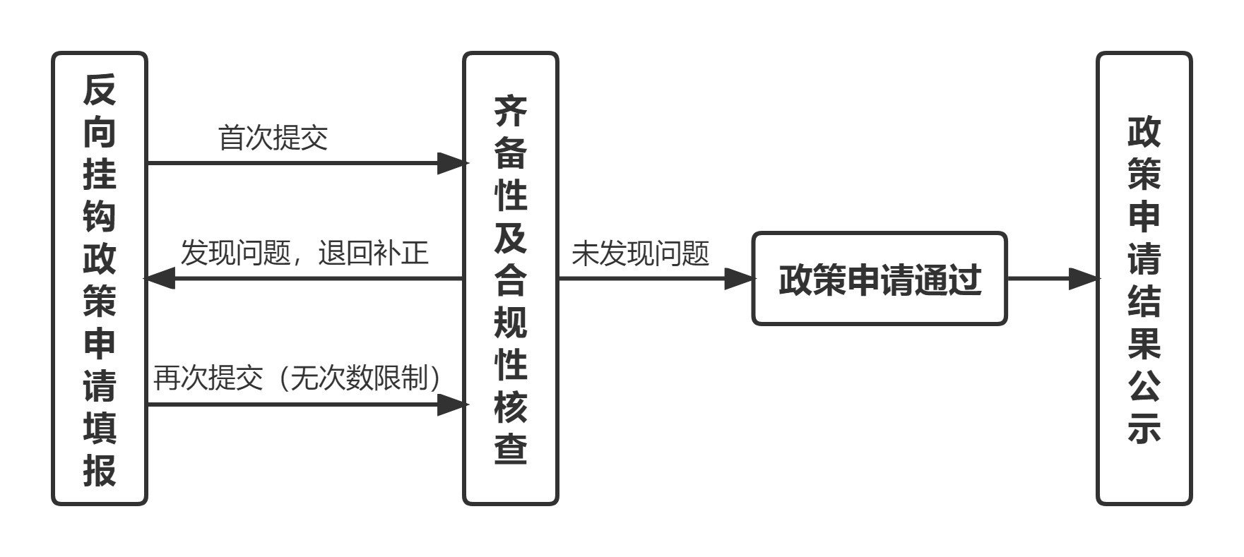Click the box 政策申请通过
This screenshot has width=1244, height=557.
pyautogui.click(x=879, y=278)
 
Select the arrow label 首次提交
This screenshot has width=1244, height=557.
pyautogui.click(x=273, y=138)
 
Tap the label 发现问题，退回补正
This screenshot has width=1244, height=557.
pyautogui.click(x=304, y=252)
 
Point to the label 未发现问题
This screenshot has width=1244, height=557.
pyautogui.click(x=640, y=253)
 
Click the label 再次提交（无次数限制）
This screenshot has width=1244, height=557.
pyautogui.click(x=297, y=378)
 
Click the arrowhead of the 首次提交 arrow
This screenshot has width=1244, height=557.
pyautogui.click(x=452, y=163)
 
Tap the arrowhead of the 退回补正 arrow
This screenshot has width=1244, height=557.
pyautogui.click(x=160, y=278)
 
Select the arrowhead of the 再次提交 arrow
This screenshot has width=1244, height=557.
pyautogui.click(x=452, y=405)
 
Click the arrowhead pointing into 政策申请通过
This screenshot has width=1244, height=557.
pyautogui.click(x=740, y=278)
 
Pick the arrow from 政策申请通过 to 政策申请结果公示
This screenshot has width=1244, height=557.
pyautogui.click(x=1053, y=278)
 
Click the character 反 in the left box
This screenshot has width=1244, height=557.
pyautogui.click(x=100, y=89)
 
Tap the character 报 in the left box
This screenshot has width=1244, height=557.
pyautogui.click(x=100, y=469)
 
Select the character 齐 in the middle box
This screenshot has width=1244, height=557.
pyautogui.click(x=511, y=111)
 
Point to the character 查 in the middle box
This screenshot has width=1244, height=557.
pyautogui.click(x=511, y=448)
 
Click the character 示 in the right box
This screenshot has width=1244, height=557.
pyautogui.click(x=1144, y=427)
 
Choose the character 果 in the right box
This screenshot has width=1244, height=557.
pyautogui.click(x=1144, y=342)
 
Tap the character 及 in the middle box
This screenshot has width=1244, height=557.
pyautogui.click(x=511, y=237)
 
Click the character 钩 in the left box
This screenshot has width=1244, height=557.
pyautogui.click(x=100, y=216)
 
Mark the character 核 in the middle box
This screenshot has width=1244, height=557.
pyautogui.click(x=511, y=406)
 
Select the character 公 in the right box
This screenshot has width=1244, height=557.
pyautogui.click(x=1144, y=385)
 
